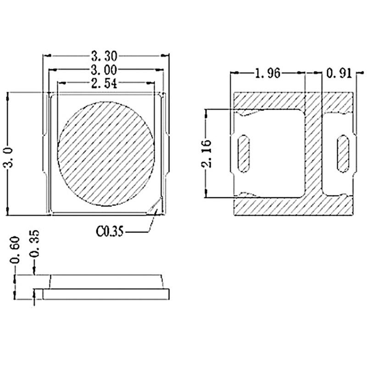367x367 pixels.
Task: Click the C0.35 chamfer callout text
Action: click(x=110, y=232)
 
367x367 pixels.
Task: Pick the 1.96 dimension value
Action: click(x=268, y=73)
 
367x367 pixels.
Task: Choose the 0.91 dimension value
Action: click(x=338, y=73)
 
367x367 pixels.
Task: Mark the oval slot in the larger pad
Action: click(x=244, y=154)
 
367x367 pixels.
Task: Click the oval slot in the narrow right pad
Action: click(x=342, y=154)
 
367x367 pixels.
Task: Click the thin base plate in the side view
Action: click(x=103, y=294)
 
